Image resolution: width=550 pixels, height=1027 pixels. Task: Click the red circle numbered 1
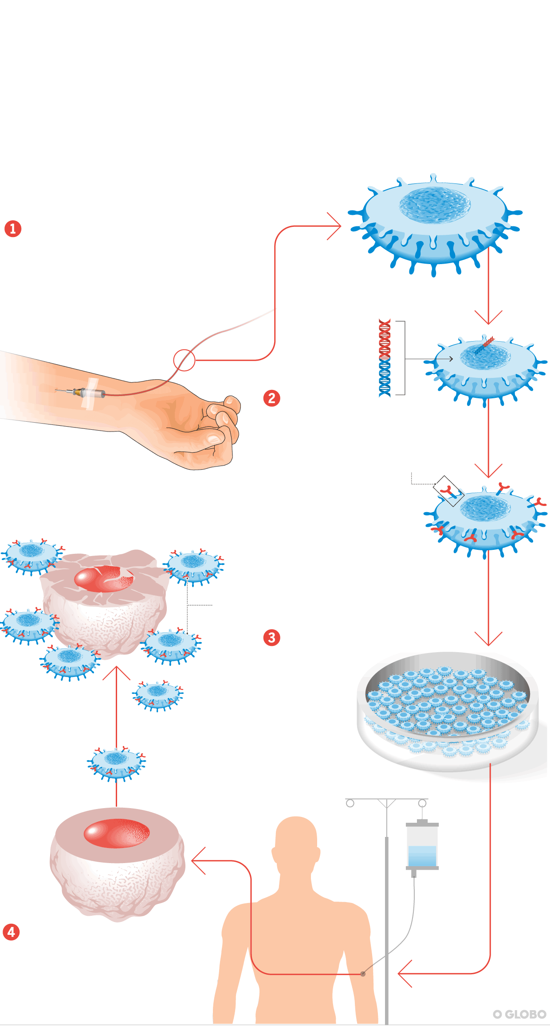(13, 229)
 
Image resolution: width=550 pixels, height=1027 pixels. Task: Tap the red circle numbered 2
(271, 398)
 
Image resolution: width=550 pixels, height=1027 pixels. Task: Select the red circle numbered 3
(271, 638)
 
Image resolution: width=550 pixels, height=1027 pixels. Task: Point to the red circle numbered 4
(11, 932)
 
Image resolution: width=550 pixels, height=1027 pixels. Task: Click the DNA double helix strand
(385, 358)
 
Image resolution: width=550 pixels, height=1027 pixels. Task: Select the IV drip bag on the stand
(422, 847)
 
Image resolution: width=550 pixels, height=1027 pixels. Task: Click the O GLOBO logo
(519, 1014)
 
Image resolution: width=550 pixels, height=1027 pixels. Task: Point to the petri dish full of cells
(448, 709)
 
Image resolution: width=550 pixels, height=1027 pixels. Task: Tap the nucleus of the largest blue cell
(434, 204)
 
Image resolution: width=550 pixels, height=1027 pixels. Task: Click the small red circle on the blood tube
(184, 360)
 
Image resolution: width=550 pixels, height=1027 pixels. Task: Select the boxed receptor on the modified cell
(448, 491)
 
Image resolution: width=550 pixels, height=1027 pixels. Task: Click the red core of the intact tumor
(117, 833)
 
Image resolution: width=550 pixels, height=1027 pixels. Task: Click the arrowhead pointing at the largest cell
(339, 226)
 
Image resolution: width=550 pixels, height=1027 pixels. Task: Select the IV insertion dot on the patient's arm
(363, 973)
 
